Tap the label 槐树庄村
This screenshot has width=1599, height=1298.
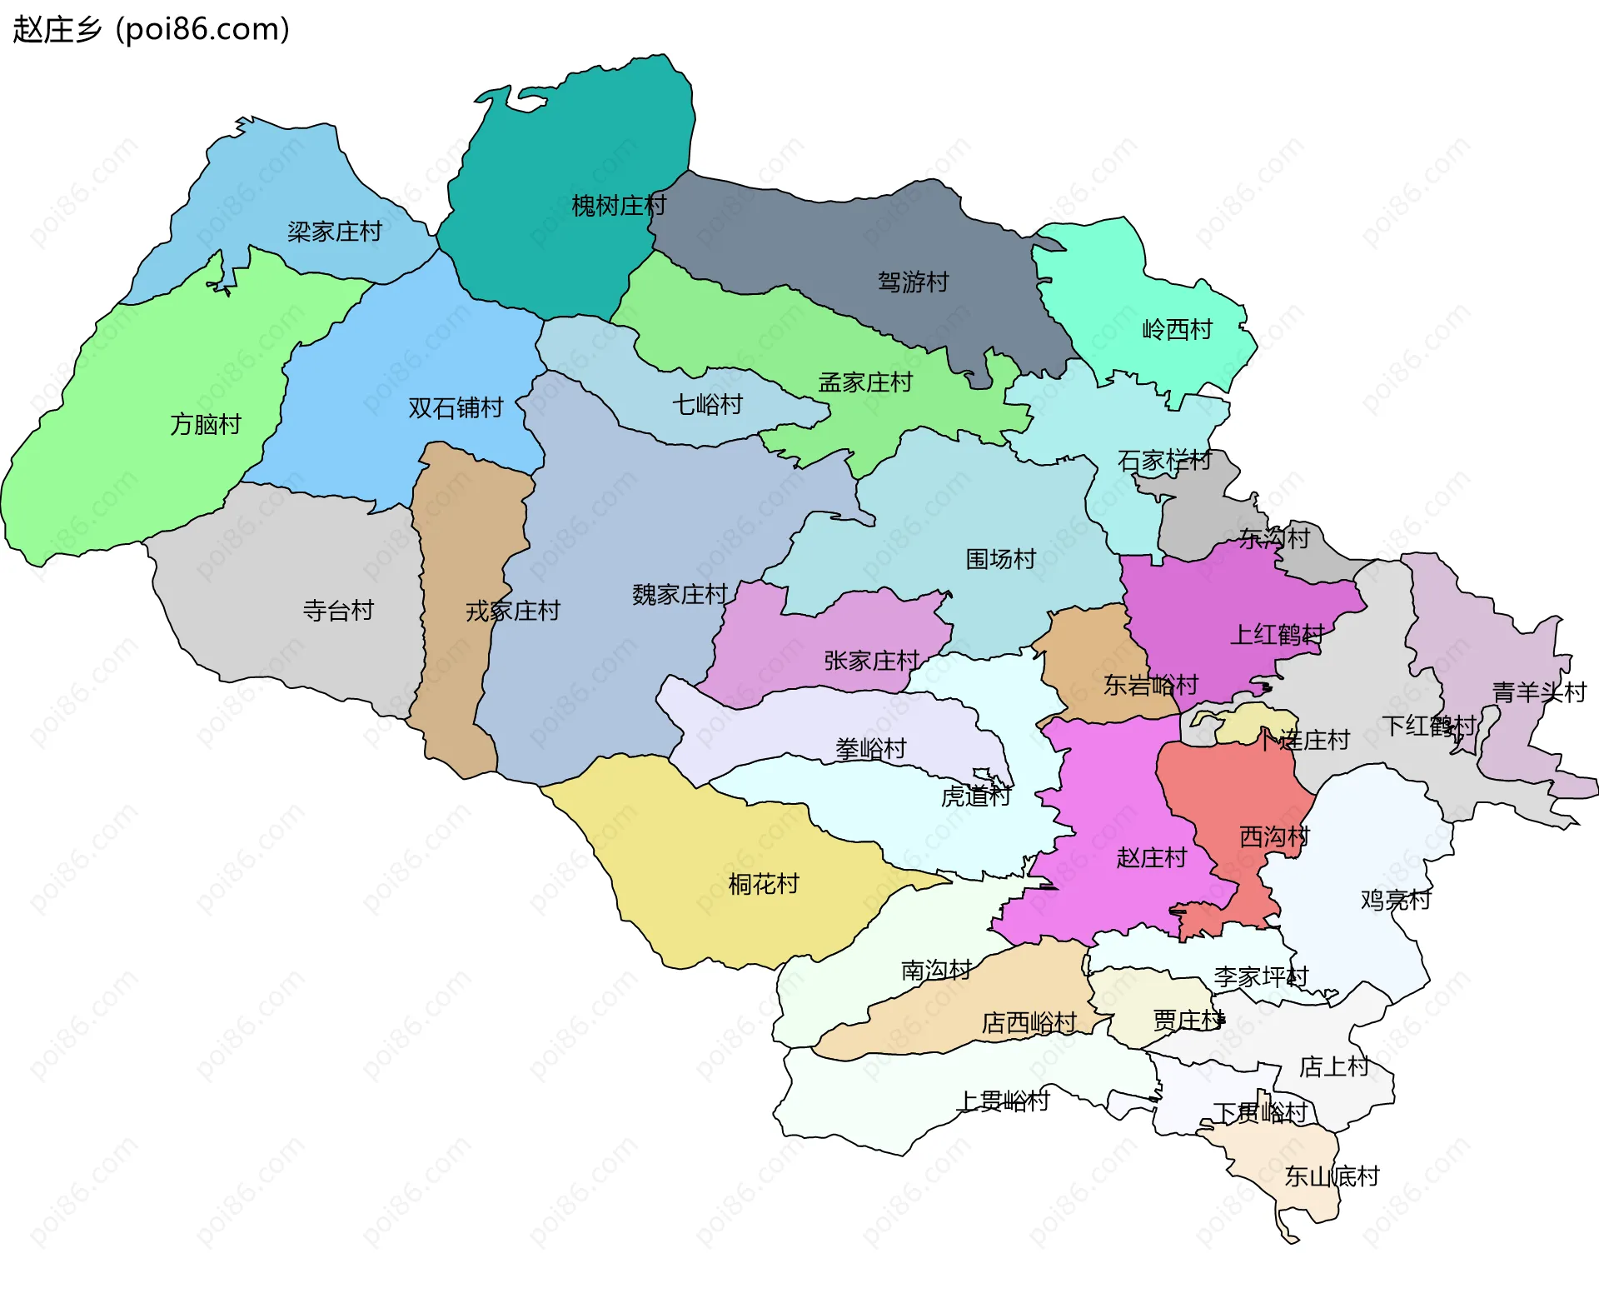tap(619, 205)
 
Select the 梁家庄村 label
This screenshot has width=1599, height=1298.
tap(335, 231)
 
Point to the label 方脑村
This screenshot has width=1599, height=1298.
tap(206, 424)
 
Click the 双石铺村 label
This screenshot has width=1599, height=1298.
tap(456, 407)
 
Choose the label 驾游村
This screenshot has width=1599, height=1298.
tap(913, 282)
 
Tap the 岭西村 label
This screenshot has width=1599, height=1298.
tap(1177, 329)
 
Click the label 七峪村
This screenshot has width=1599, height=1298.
tap(707, 404)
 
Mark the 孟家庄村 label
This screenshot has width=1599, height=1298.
tap(865, 382)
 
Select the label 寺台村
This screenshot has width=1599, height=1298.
tap(338, 610)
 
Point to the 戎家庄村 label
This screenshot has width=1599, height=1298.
tap(512, 611)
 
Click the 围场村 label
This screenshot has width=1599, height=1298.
tap(1000, 558)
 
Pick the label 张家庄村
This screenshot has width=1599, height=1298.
tap(871, 660)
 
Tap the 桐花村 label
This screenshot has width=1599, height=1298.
tap(763, 883)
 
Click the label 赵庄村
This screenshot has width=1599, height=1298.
tap(1151, 856)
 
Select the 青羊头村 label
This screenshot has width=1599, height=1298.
tap(1538, 691)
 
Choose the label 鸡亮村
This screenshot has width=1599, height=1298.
tap(1395, 899)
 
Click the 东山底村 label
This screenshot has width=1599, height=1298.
tap(1332, 1176)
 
